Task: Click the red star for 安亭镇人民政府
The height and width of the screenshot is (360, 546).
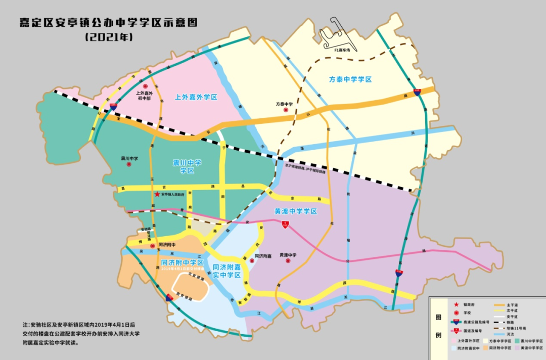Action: (x=157, y=194)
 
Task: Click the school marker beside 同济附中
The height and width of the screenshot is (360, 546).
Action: (x=152, y=246)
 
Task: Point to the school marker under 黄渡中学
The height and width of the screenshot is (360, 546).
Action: (x=288, y=261)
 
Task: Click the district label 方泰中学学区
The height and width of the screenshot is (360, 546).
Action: (x=350, y=79)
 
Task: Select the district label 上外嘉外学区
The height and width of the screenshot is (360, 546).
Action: (x=196, y=97)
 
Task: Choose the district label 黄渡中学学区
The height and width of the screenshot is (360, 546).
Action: (x=296, y=211)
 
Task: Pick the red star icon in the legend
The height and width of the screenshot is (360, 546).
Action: (x=457, y=304)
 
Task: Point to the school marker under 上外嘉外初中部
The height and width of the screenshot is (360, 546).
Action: (x=145, y=87)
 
